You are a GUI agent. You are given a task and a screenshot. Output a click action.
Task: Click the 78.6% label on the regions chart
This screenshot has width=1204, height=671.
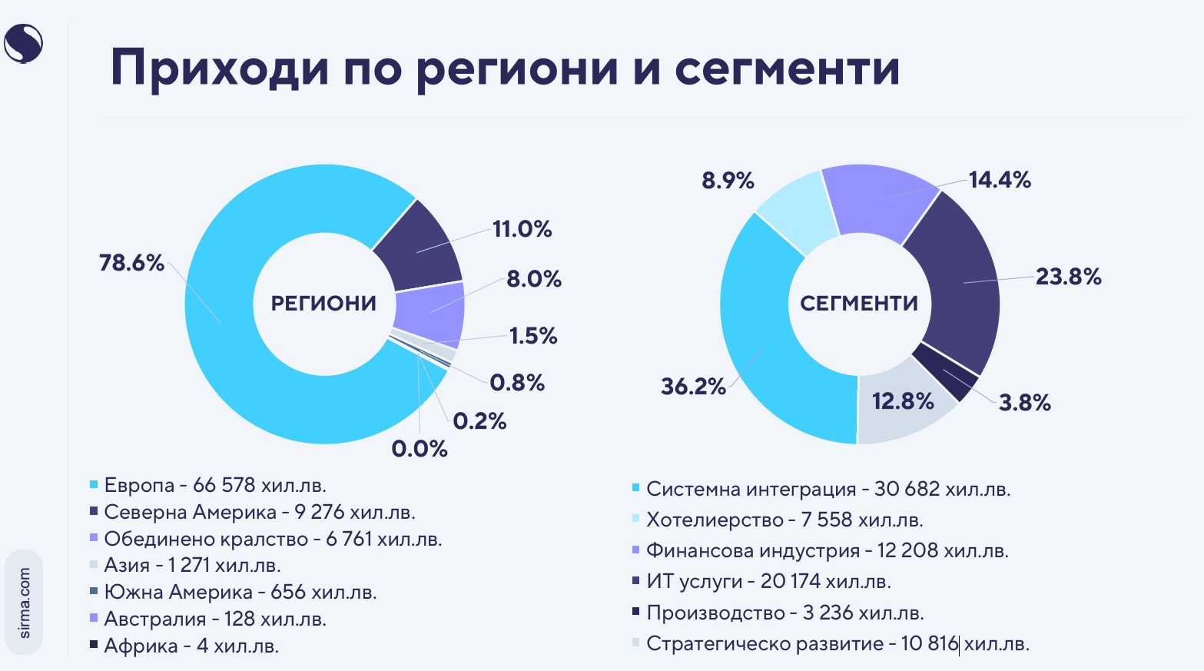[131, 264]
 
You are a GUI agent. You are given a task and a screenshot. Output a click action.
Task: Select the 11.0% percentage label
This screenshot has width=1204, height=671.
[522, 229]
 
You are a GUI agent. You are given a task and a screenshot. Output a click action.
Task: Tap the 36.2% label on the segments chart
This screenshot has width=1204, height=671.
[693, 386]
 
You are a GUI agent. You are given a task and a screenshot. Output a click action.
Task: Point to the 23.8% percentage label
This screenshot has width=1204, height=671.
[1068, 277]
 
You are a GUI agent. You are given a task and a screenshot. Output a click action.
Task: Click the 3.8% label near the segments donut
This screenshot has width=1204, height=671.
[1024, 403]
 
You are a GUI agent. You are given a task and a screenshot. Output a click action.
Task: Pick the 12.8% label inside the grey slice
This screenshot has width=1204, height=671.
[903, 401]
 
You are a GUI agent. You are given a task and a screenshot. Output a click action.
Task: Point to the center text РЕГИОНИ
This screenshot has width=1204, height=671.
[323, 304]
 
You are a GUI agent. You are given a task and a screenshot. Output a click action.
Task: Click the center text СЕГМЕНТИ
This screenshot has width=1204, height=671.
[859, 304]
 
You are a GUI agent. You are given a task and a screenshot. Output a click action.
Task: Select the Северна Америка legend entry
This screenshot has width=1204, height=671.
[259, 513]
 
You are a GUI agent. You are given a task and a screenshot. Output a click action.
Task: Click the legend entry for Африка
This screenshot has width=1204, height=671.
[191, 646]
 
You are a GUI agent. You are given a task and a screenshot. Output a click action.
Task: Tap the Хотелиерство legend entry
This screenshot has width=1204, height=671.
[784, 520]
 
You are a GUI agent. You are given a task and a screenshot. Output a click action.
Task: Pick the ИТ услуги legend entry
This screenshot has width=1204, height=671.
[768, 582]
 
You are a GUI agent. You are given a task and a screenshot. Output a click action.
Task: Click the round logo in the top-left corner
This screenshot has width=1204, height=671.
[23, 43]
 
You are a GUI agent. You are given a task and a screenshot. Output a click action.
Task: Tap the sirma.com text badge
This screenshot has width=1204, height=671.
[24, 603]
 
